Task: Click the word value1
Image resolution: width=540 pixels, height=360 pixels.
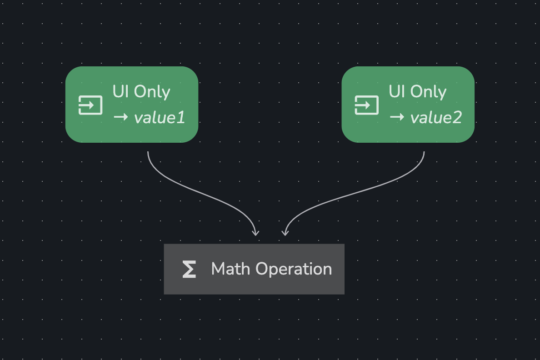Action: coord(160,118)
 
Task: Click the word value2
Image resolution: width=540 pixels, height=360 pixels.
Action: coord(436,118)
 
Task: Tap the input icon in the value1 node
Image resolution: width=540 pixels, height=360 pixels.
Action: coord(90,105)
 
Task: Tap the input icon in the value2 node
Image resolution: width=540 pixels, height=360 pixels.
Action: coord(367,105)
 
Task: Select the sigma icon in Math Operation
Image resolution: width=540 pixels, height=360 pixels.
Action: coord(189,269)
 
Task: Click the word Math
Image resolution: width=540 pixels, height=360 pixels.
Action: coord(230,269)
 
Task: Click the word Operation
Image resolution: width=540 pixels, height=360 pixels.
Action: coord(294,269)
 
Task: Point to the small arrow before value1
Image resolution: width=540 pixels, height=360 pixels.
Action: coord(120,117)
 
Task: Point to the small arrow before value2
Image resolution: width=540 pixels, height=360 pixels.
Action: coord(397,117)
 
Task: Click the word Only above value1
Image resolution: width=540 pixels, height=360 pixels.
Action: coord(152,92)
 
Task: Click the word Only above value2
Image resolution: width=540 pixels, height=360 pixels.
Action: coord(428,92)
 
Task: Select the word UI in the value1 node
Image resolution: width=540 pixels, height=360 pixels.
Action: coord(120,91)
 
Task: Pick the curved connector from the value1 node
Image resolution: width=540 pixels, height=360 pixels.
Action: coord(203,194)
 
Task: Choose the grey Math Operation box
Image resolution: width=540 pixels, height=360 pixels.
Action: coord(254,269)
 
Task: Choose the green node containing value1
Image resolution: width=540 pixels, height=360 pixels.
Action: coord(132,105)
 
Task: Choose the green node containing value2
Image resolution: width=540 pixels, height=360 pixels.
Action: coord(408,105)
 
